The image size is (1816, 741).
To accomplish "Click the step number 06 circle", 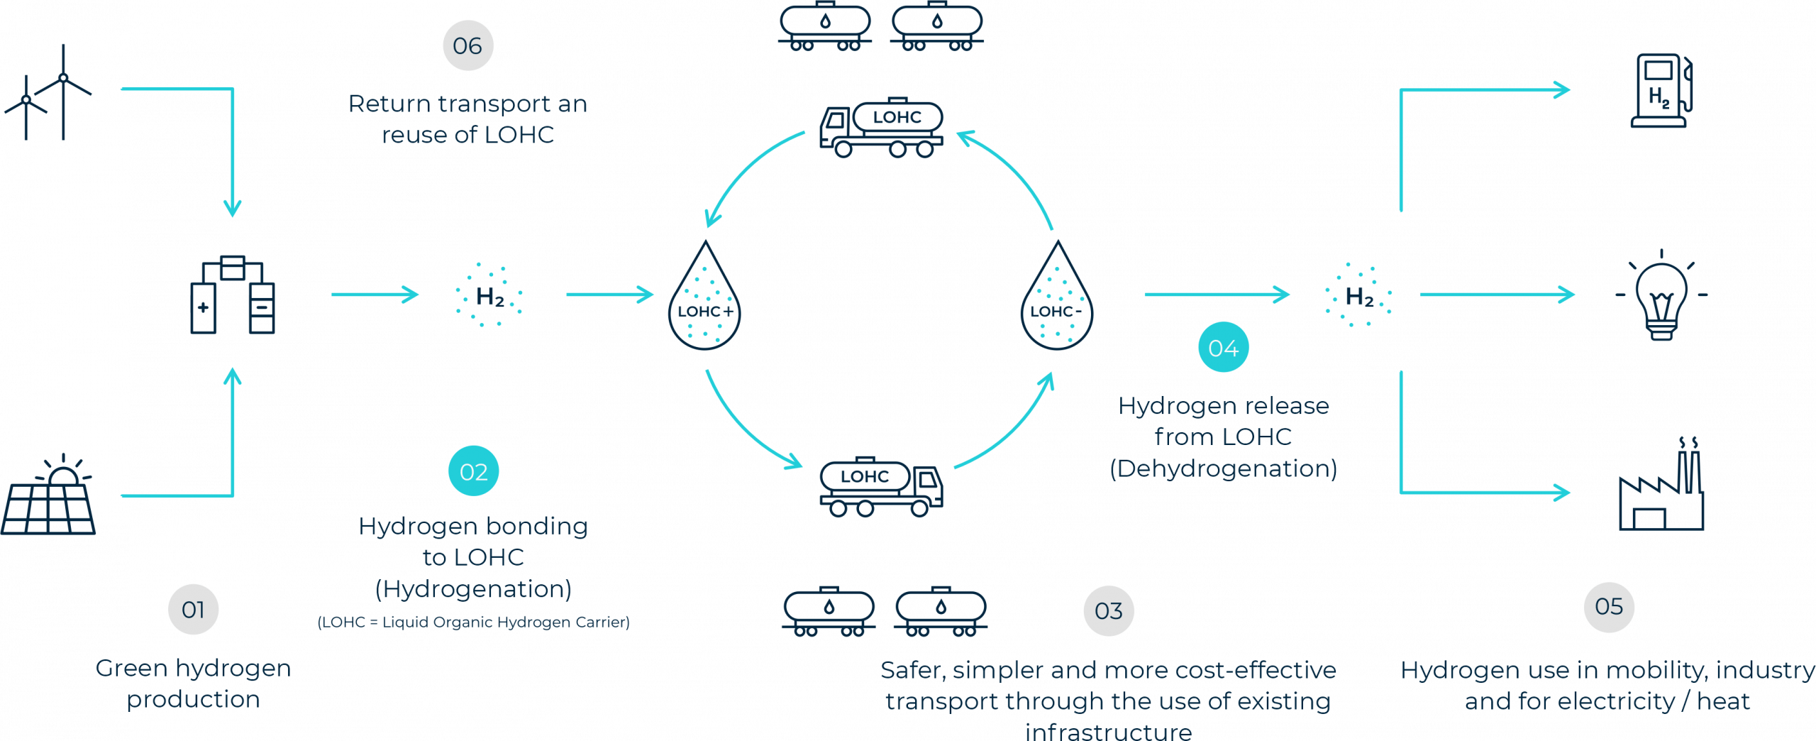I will coord(467,46).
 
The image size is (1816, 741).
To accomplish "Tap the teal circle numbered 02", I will coord(474,472).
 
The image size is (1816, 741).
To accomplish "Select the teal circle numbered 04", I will coord(1223,348).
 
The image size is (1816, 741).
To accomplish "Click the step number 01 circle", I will coord(193,610).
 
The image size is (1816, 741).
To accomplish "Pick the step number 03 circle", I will coord(1109,611).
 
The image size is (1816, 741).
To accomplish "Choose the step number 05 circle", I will coord(1609,607).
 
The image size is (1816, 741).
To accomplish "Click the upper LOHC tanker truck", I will coord(882,127).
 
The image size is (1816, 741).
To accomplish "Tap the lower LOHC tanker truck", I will coord(882,487).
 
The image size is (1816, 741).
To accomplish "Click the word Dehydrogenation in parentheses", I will coord(1223,469).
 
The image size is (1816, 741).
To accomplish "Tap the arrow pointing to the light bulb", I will coord(1497,295).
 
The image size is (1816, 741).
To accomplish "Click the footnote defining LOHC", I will coord(474,622).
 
